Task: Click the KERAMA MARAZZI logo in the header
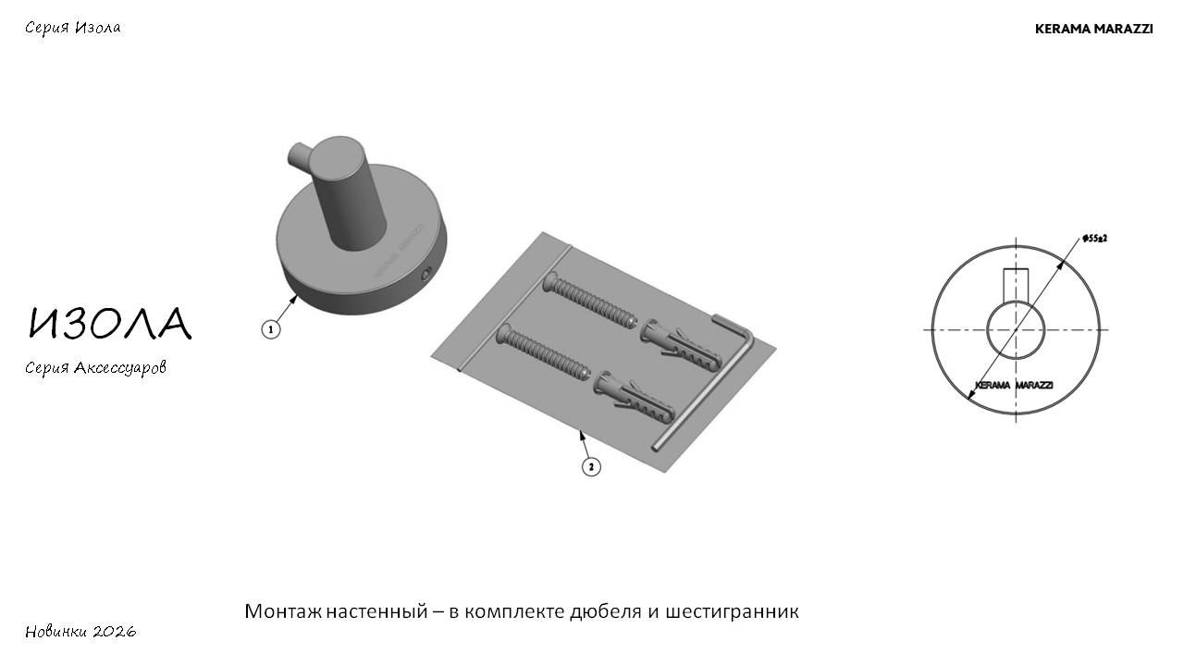[1093, 29]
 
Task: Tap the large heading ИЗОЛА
[109, 323]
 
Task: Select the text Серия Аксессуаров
[95, 368]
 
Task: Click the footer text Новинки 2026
[80, 631]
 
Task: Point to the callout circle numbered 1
[271, 330]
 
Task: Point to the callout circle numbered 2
[591, 467]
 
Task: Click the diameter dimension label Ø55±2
[1094, 239]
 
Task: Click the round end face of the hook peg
[336, 157]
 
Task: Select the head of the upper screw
[549, 282]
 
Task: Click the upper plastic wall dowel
[681, 345]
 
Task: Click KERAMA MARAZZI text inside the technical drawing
[1014, 385]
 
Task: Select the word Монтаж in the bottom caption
[283, 611]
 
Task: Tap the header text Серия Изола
[73, 28]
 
